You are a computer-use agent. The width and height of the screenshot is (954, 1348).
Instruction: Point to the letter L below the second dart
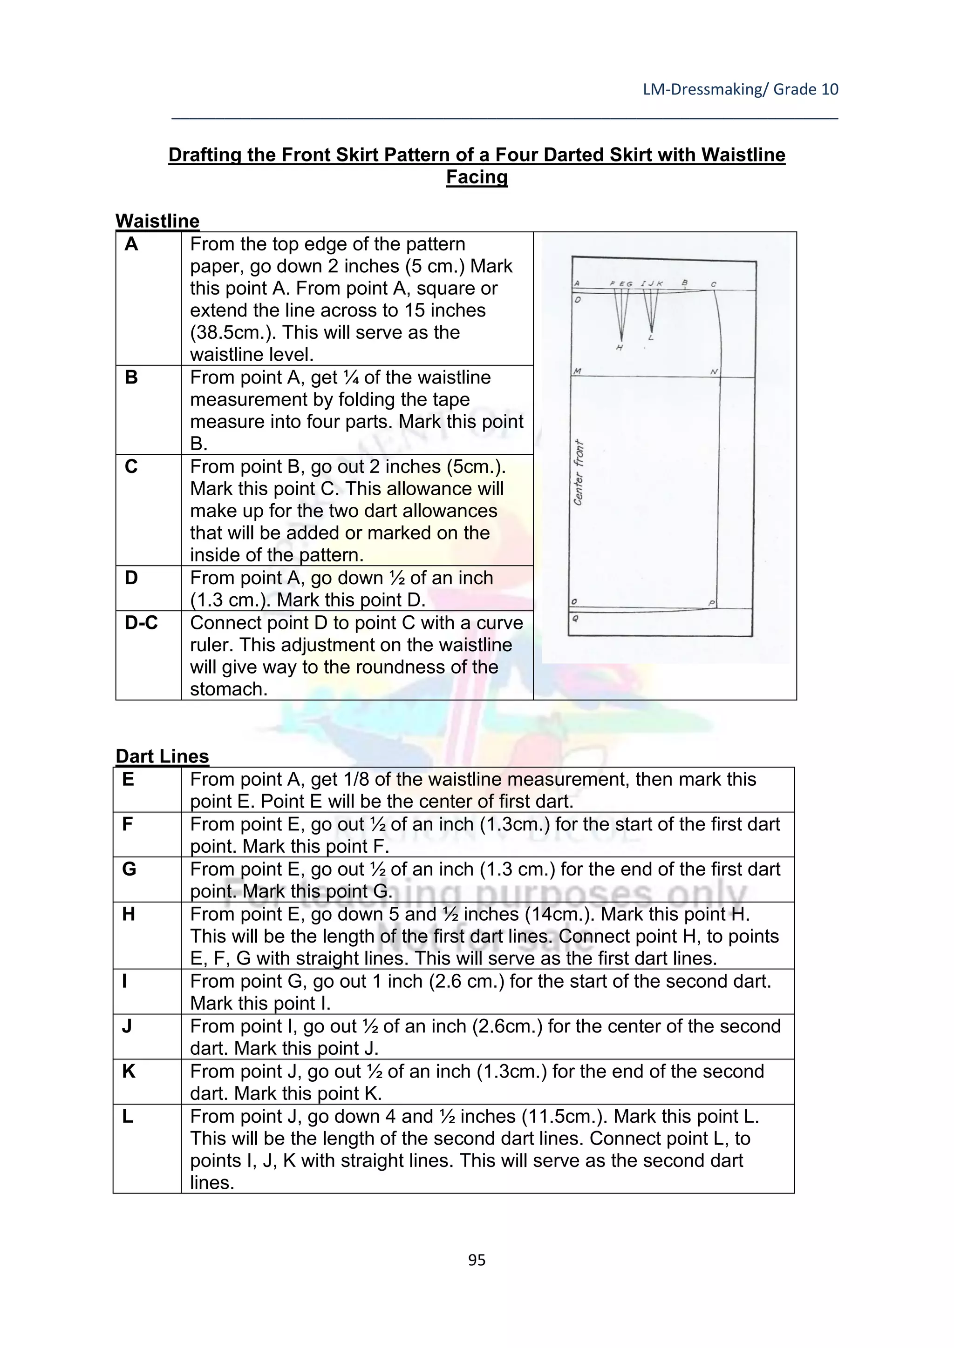point(651,337)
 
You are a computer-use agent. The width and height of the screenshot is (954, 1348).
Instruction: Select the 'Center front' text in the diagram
point(579,472)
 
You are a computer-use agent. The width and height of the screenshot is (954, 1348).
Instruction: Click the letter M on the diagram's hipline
point(578,371)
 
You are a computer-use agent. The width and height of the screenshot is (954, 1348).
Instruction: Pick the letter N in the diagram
point(714,371)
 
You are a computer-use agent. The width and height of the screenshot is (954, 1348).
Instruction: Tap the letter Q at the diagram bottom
point(575,618)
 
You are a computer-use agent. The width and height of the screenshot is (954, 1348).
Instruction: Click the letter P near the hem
point(711,603)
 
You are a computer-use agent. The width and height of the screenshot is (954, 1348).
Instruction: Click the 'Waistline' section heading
point(157,222)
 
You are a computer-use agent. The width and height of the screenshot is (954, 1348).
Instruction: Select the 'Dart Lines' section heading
point(162,756)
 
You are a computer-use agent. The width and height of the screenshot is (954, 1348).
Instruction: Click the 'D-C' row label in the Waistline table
point(141,623)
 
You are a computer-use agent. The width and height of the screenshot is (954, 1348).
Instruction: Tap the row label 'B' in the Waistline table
point(131,377)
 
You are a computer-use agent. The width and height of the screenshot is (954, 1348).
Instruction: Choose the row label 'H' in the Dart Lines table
point(129,914)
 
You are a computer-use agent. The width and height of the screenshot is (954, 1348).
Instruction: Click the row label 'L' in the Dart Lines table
point(128,1117)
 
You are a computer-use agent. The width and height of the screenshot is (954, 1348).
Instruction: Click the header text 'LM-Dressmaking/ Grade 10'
point(740,89)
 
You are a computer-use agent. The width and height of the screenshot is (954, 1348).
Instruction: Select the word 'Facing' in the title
point(477,177)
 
